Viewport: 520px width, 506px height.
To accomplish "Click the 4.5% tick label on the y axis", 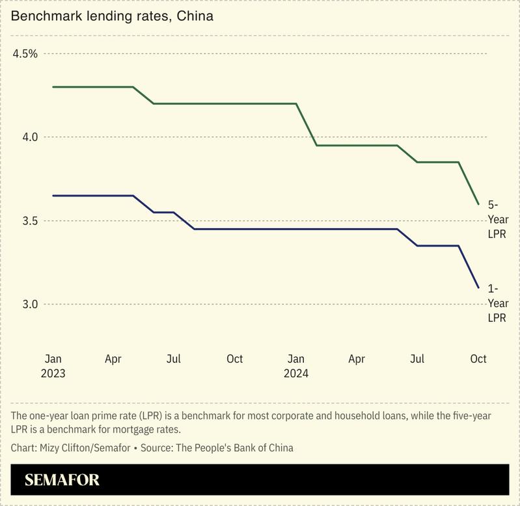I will click(25, 53).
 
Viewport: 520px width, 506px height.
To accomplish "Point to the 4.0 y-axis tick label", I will click(29, 137).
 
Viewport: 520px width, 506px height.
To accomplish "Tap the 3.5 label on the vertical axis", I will click(29, 221).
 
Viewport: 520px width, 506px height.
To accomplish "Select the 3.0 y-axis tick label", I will click(29, 304).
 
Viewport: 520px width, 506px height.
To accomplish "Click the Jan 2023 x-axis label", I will click(53, 366).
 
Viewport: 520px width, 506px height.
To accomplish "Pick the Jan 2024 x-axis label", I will click(295, 366).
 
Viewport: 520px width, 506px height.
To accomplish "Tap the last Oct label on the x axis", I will click(478, 359).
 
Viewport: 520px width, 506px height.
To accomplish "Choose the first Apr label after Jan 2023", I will click(113, 359).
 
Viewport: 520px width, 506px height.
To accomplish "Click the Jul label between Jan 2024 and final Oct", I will click(417, 359).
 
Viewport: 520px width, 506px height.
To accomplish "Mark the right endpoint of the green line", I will click(478, 204).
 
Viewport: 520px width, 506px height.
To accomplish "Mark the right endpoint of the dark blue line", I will click(478, 287).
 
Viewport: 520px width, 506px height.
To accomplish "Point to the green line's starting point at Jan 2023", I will click(53, 87).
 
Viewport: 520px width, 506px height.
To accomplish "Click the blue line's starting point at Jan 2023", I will click(53, 195).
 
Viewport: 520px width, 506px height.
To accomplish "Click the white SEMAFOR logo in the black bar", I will click(62, 481).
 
